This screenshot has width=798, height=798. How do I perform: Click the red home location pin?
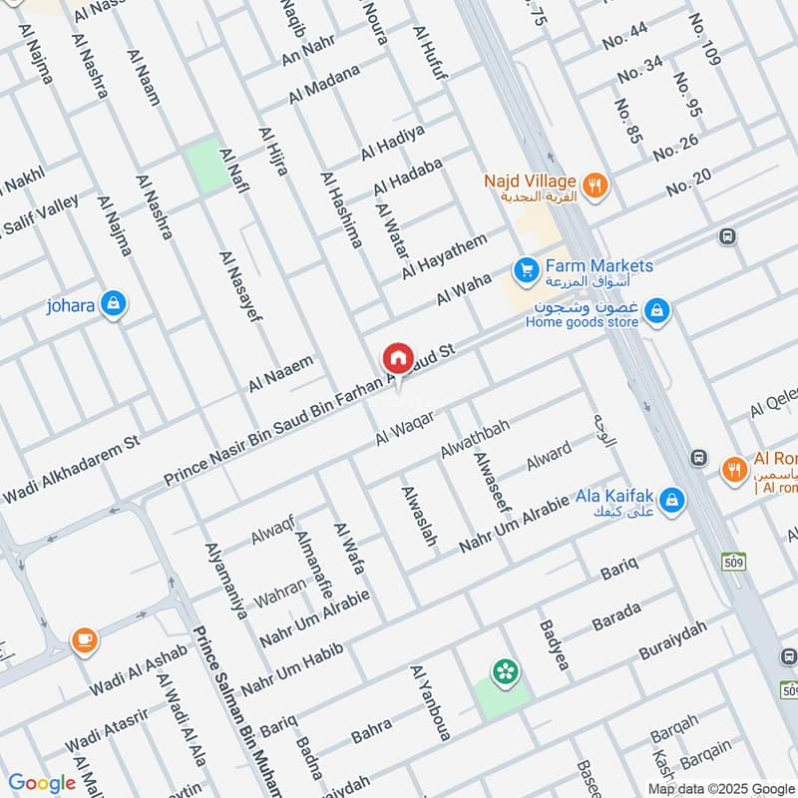397,358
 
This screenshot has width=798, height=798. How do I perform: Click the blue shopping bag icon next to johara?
113,304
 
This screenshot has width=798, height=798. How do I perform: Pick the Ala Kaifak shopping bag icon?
672,498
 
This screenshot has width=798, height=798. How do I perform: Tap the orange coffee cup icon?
83,638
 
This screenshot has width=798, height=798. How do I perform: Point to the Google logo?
42,783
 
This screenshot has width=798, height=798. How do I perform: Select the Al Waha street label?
464,290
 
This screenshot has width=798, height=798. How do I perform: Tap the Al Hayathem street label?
445,256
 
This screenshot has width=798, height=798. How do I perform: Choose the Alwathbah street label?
475,439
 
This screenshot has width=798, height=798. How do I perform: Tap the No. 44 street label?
624,39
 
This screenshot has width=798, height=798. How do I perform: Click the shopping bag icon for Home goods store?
655,312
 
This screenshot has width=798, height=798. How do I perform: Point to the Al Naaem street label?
281,373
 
